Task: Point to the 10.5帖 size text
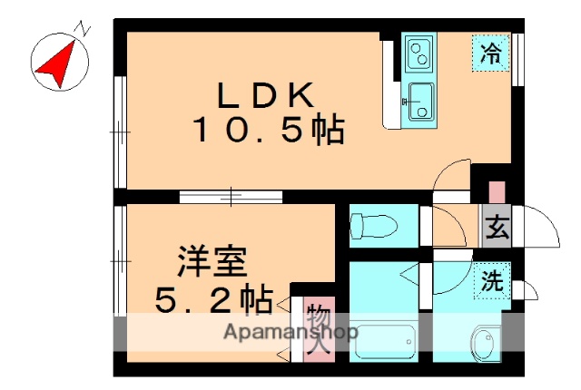[267, 132]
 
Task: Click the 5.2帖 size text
[214, 297]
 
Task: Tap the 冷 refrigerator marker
[491, 52]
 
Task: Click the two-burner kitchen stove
[419, 55]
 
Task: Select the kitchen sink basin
[420, 99]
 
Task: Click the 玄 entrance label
[497, 228]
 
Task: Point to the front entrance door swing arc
[536, 227]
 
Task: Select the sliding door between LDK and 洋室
[231, 196]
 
